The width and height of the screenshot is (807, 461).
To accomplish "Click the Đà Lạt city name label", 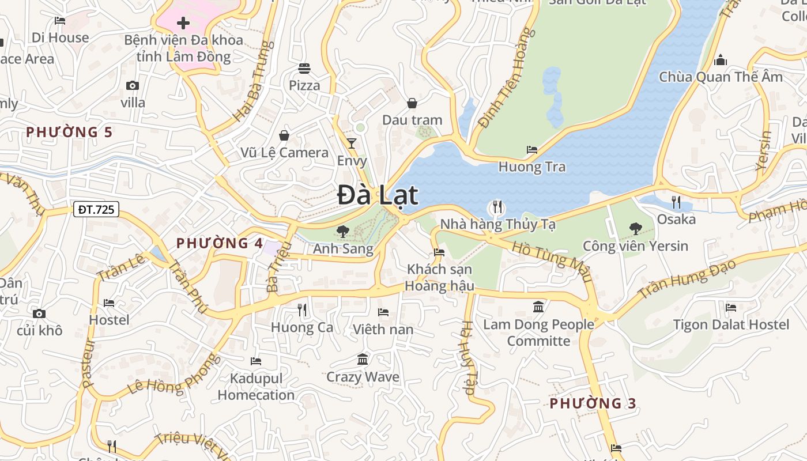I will tap(377, 195).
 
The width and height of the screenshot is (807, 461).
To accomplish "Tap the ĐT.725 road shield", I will tap(96, 210).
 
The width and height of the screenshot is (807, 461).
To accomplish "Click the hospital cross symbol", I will tap(183, 23).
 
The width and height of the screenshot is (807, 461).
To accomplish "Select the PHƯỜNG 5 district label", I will tap(69, 132).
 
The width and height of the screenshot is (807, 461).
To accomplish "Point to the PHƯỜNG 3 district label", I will tap(593, 403).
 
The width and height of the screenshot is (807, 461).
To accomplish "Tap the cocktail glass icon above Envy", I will tap(352, 143).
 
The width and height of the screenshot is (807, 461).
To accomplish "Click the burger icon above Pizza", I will tap(304, 69).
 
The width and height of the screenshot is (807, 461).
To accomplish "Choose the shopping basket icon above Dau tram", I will tap(412, 103).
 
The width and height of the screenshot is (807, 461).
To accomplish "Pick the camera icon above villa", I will tap(133, 86).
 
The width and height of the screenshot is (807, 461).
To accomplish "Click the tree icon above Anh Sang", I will tap(342, 232).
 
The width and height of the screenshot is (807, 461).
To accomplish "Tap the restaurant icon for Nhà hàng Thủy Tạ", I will tap(497, 206).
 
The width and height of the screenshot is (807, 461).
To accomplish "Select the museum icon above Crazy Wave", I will tap(363, 360).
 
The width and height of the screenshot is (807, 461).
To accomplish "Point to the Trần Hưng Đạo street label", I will tap(687, 279).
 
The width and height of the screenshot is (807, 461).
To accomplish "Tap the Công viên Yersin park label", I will tap(635, 246).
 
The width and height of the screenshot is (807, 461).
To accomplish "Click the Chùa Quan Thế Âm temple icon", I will tap(721, 60).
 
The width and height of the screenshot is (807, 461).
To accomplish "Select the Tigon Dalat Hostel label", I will tap(731, 324).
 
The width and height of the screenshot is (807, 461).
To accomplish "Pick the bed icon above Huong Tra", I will tap(532, 150).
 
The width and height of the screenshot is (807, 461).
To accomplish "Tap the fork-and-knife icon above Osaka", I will tap(676, 202).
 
